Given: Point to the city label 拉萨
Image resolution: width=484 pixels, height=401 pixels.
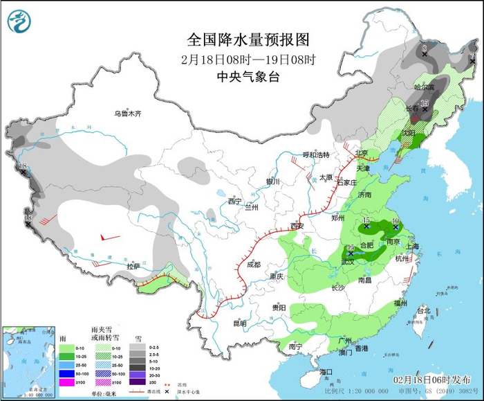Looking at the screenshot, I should coord(133,266).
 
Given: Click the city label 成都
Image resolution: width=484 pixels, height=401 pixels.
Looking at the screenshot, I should coord(253,265).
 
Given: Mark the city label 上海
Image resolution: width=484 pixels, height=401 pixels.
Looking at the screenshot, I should coord(414,246).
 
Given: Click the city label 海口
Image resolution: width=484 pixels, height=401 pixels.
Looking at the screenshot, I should coord(326,372).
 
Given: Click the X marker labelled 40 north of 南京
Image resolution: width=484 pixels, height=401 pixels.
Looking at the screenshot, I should coord(395,226).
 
